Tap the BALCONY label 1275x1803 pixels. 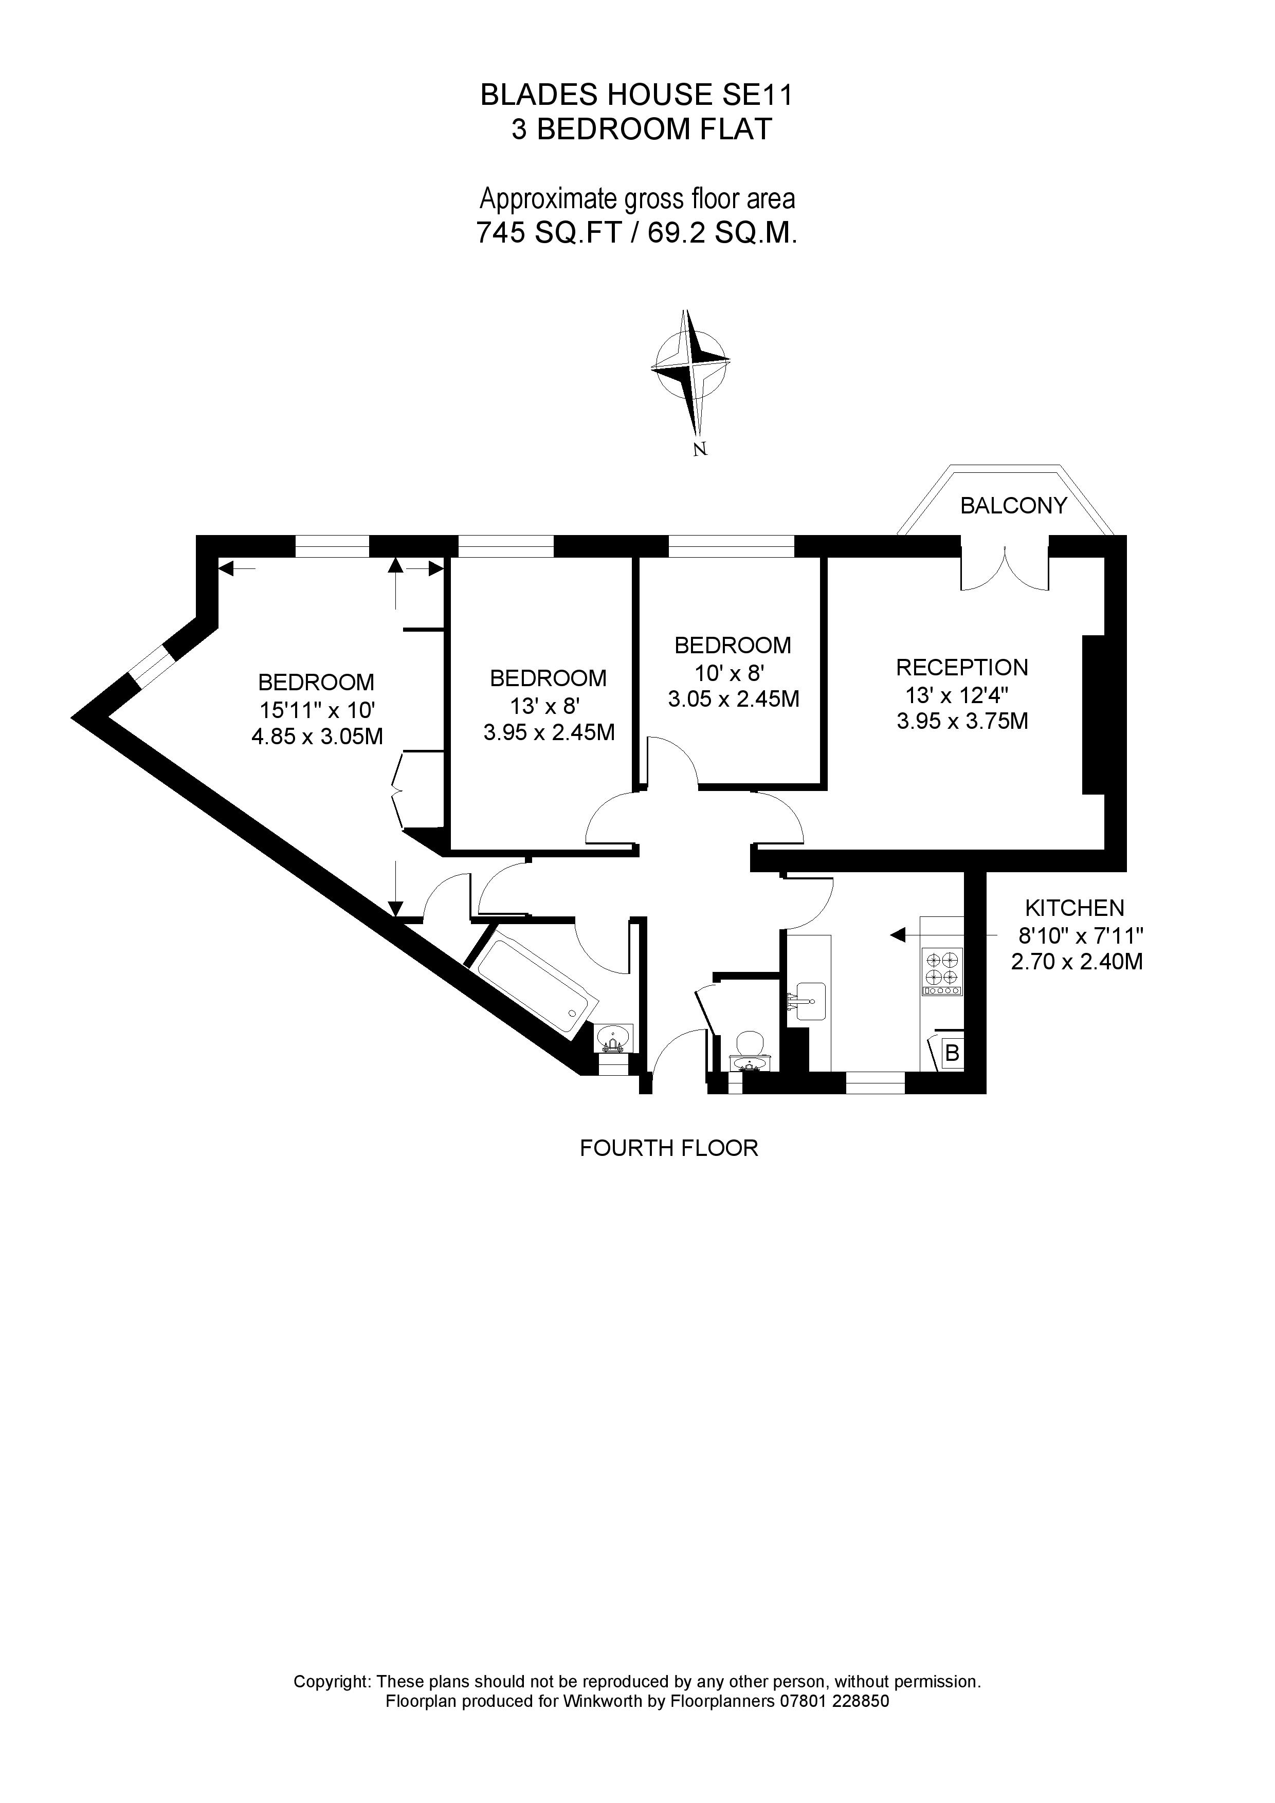[1013, 506]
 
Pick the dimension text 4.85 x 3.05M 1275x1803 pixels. [317, 737]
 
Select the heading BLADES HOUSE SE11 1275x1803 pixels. [637, 95]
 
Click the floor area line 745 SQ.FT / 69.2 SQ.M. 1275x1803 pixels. [637, 233]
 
